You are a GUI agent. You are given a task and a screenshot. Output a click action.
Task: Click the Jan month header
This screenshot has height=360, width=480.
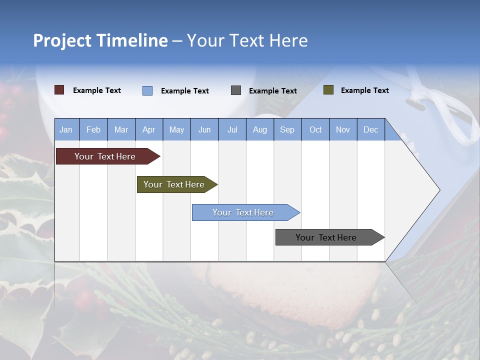point(66,129)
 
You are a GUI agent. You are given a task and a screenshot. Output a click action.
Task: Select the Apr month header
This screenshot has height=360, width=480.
point(149,129)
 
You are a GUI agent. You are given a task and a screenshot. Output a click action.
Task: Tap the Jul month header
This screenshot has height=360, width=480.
point(232,129)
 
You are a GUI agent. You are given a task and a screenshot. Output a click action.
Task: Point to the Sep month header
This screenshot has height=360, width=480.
point(287,129)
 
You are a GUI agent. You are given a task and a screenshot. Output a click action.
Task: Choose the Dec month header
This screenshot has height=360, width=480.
point(370,129)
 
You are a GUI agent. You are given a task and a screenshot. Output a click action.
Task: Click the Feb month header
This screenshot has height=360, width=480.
point(93,129)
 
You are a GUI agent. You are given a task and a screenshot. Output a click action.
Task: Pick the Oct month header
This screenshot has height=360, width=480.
point(315,129)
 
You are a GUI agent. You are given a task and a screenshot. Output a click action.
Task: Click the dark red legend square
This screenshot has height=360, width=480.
point(59,90)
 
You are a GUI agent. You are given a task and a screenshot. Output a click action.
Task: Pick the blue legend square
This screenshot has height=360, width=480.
point(147,90)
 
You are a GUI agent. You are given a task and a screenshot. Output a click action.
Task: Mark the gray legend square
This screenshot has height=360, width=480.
point(236,90)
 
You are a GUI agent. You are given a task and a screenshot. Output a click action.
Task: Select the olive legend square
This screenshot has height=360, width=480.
point(328,90)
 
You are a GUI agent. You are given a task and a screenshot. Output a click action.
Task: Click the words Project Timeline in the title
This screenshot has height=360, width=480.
point(100,40)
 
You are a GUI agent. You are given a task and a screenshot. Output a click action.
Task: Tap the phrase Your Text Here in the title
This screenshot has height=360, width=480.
point(247,40)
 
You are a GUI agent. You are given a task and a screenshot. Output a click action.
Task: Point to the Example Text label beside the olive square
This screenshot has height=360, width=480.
point(364,90)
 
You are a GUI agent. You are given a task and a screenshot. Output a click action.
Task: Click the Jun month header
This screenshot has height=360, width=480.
point(204,129)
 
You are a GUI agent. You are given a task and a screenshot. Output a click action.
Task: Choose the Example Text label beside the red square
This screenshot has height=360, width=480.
point(97,90)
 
